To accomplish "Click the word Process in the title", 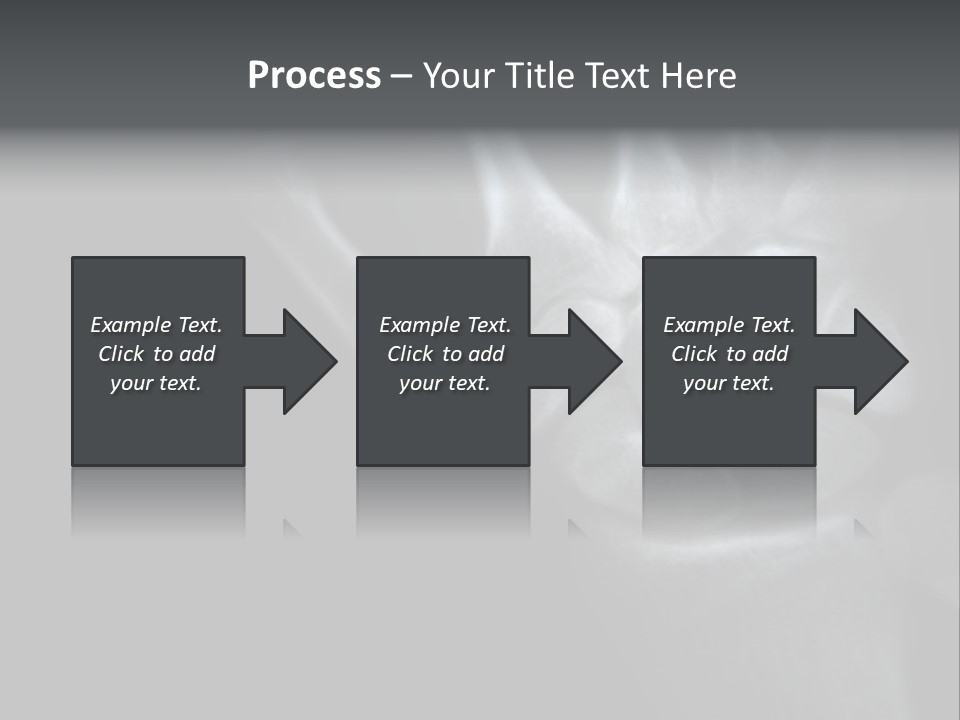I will click(314, 76).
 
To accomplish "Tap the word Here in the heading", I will click(698, 76).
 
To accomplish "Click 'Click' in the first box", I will click(121, 354).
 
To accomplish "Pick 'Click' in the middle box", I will click(410, 354).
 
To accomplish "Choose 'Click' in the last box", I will click(694, 354).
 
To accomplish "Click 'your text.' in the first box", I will click(156, 383).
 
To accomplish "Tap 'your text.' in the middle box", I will click(444, 383).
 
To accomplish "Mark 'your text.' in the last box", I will click(728, 383).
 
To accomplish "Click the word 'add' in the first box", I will click(197, 354).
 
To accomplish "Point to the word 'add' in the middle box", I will click(486, 354).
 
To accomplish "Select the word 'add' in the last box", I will click(770, 354).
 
